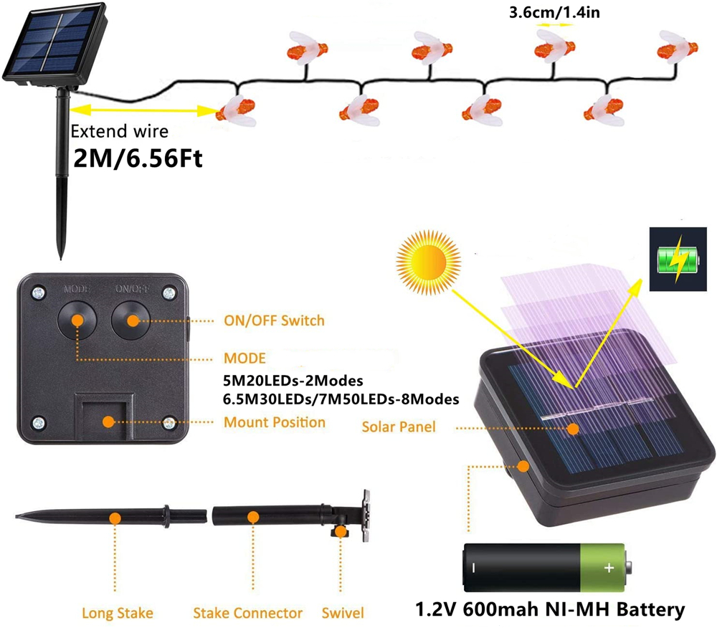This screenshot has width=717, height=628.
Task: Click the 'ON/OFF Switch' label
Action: (x=275, y=320)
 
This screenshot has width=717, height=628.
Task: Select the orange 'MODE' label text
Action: (x=244, y=358)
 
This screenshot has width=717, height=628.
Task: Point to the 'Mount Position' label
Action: (x=275, y=422)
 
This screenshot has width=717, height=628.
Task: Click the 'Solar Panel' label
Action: (x=398, y=427)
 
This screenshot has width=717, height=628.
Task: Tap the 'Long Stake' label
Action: (x=117, y=613)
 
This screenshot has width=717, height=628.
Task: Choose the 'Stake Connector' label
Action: (x=247, y=613)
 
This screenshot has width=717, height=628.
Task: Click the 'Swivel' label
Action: (x=343, y=613)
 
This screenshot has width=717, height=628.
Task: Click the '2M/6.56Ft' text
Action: (x=138, y=158)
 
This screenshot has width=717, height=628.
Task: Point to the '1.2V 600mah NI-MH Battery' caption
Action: (x=551, y=610)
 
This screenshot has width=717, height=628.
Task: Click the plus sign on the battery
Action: (x=609, y=568)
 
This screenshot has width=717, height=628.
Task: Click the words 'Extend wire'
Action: (x=120, y=131)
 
